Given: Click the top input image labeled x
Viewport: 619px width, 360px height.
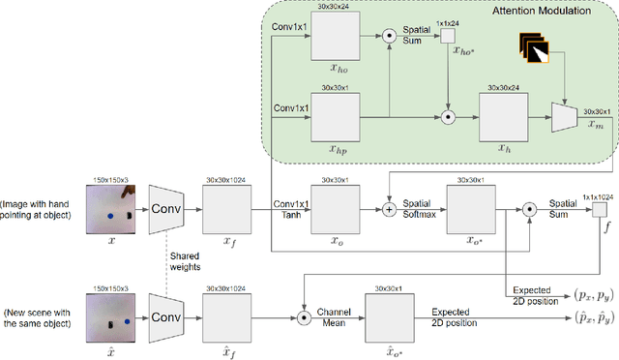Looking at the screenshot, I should pos(114,215).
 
